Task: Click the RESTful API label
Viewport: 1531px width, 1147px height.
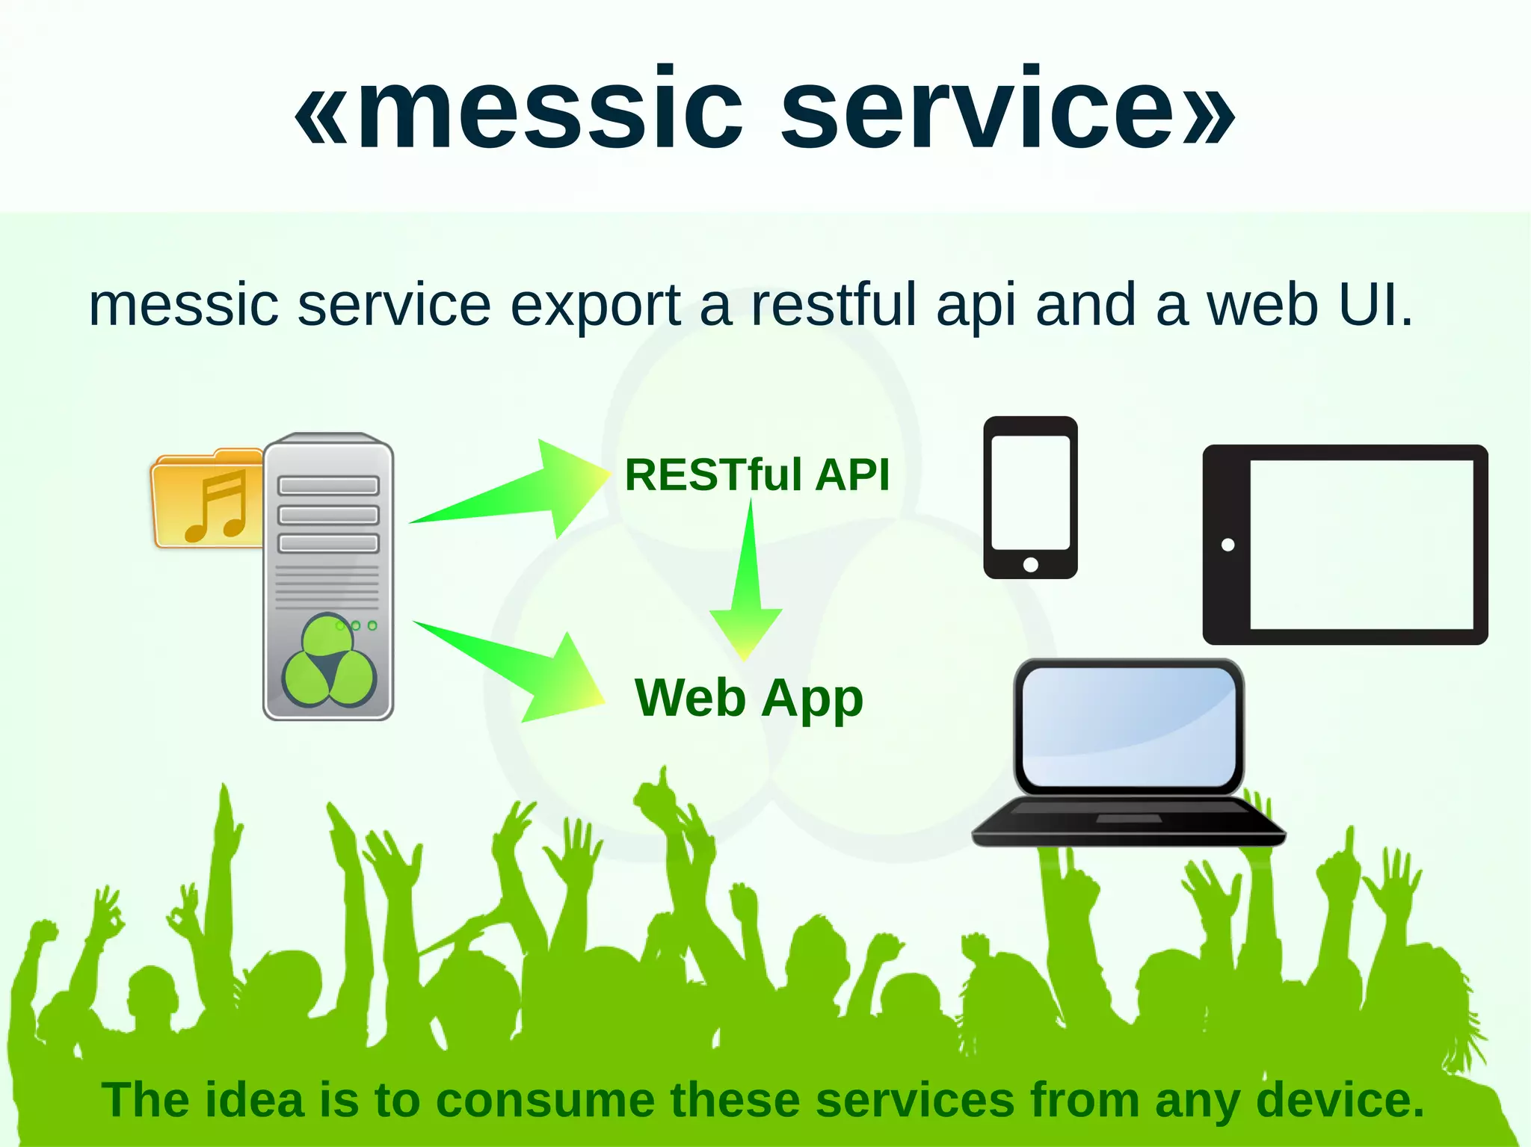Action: tap(757, 475)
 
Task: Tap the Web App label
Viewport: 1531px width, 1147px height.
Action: tap(748, 698)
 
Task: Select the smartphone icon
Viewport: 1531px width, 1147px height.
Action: tap(1030, 497)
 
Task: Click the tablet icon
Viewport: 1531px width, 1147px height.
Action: tap(1345, 545)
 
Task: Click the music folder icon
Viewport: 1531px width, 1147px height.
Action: tap(206, 499)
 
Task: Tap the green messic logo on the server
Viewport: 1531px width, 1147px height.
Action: tap(328, 662)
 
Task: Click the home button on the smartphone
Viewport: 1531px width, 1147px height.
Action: tap(1030, 564)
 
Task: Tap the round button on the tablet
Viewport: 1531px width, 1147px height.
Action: tap(1227, 545)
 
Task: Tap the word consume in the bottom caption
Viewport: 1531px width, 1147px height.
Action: tap(545, 1100)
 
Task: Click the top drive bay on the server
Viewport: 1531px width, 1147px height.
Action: tap(328, 486)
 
